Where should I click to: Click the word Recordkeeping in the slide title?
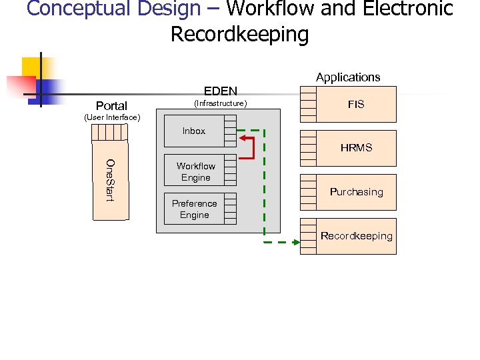239,34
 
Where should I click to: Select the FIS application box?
356,105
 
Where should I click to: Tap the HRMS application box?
356,148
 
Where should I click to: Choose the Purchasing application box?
356,192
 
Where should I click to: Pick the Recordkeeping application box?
356,236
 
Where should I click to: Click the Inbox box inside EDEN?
194,131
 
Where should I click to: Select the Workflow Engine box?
195,172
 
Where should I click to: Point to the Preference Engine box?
194,209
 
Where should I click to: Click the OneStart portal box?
110,180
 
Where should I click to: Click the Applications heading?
347,77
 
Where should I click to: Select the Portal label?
111,106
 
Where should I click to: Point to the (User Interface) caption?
111,118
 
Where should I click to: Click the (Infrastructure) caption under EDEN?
220,103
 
